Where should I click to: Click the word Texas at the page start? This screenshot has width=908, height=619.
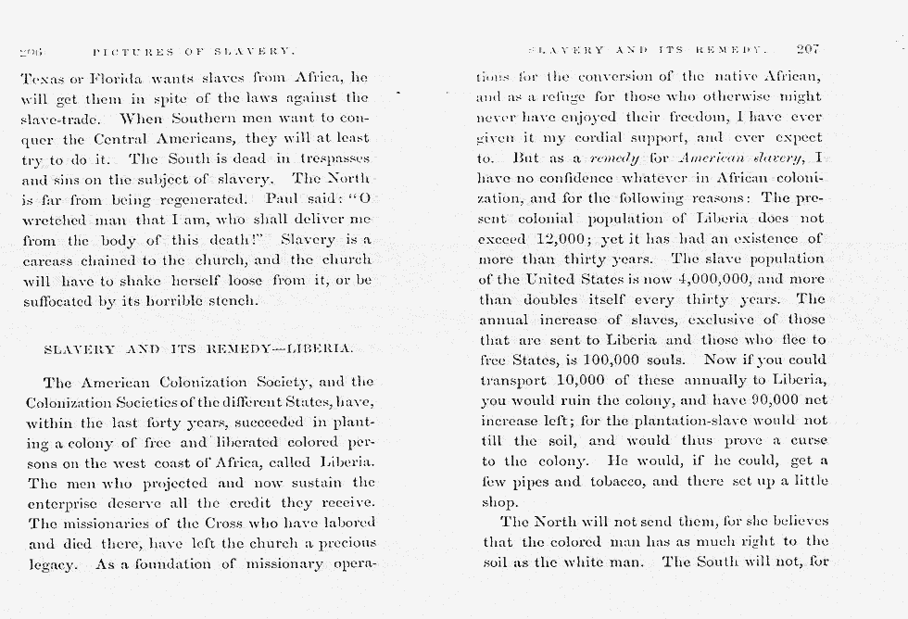tap(40, 81)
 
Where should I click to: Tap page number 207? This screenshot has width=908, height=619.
tap(808, 48)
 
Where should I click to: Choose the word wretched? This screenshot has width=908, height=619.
tap(53, 220)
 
